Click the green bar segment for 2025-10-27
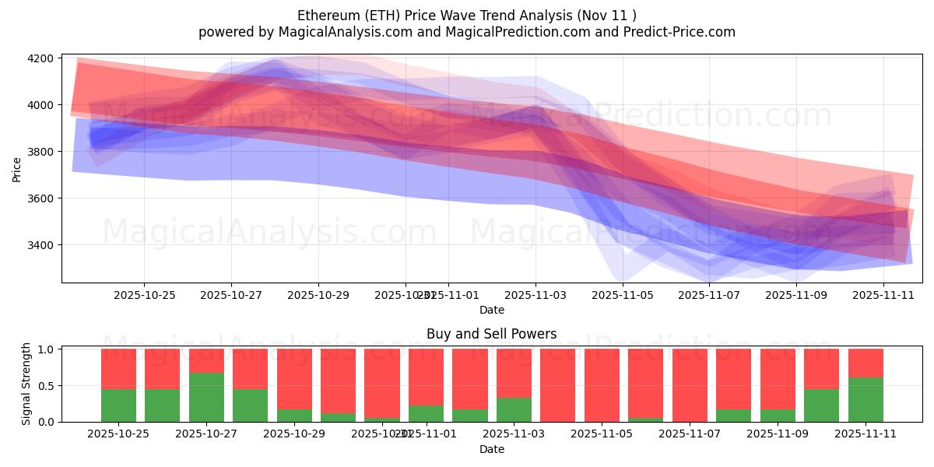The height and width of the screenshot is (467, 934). pyautogui.click(x=206, y=397)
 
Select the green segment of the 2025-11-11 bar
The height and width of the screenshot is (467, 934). pyautogui.click(x=866, y=399)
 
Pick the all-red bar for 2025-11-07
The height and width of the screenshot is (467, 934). pyautogui.click(x=690, y=385)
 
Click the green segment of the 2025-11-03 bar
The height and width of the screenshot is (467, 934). pyautogui.click(x=514, y=409)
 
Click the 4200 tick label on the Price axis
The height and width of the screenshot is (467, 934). pyautogui.click(x=40, y=58)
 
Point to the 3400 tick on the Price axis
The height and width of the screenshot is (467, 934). pyautogui.click(x=40, y=245)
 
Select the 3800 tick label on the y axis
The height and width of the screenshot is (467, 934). pyautogui.click(x=40, y=152)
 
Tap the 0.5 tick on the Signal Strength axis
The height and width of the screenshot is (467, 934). pyautogui.click(x=46, y=385)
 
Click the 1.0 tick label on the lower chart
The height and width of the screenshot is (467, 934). pyautogui.click(x=46, y=349)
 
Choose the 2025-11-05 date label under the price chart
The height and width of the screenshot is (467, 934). pyautogui.click(x=623, y=295)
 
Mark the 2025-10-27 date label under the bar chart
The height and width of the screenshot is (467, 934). pyautogui.click(x=206, y=434)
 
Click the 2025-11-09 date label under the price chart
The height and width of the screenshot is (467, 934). pyautogui.click(x=796, y=295)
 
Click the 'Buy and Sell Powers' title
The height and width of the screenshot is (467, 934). pyautogui.click(x=491, y=334)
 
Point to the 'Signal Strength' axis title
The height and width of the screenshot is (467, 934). pyautogui.click(x=26, y=384)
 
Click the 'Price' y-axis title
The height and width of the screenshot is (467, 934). pyautogui.click(x=16, y=169)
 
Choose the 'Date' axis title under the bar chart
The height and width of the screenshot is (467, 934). pyautogui.click(x=491, y=449)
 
